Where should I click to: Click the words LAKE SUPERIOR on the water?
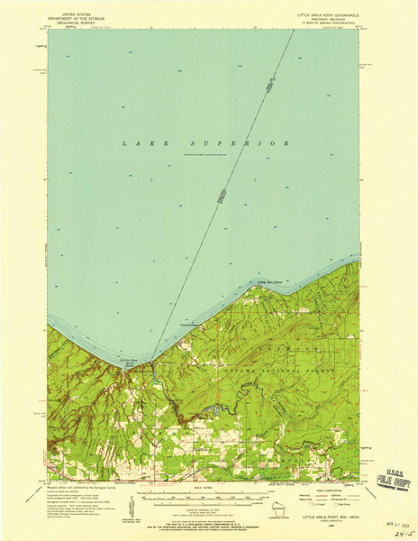[206, 143]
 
